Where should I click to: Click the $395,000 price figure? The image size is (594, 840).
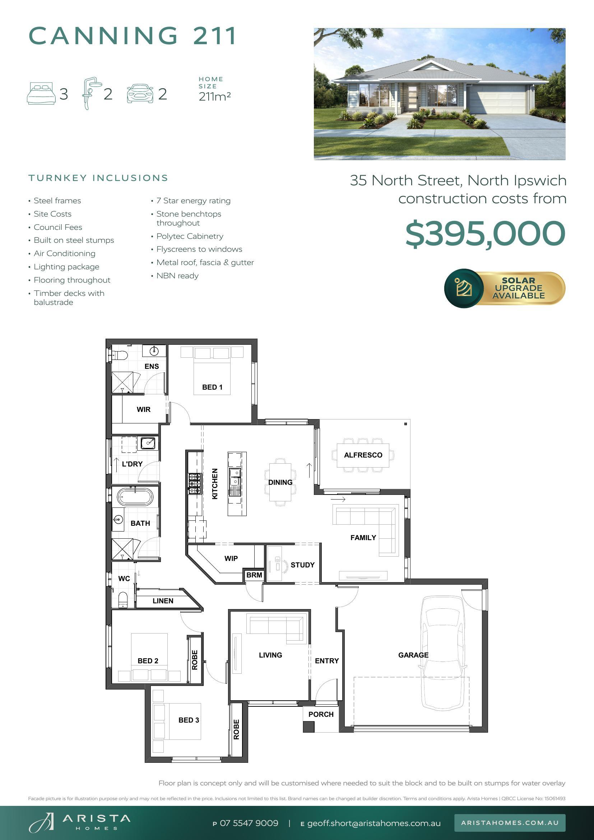click(486, 233)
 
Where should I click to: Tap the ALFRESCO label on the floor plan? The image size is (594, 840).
click(363, 455)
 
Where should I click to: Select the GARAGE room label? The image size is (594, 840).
click(413, 655)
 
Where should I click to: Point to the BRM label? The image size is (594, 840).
click(254, 575)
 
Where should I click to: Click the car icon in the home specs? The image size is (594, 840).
click(140, 94)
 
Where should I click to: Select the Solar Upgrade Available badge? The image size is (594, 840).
click(505, 288)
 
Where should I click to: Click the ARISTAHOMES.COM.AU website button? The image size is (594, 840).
click(510, 823)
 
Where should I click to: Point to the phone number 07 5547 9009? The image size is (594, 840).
click(249, 823)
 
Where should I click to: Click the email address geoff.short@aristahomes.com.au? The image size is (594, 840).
click(374, 823)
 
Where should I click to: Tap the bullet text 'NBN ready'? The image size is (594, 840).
click(177, 275)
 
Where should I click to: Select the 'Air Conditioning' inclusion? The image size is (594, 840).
click(64, 254)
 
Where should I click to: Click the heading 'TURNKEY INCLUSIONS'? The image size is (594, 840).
click(98, 178)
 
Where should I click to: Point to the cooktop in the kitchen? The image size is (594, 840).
click(195, 484)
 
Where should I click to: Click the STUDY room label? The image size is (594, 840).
click(302, 565)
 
